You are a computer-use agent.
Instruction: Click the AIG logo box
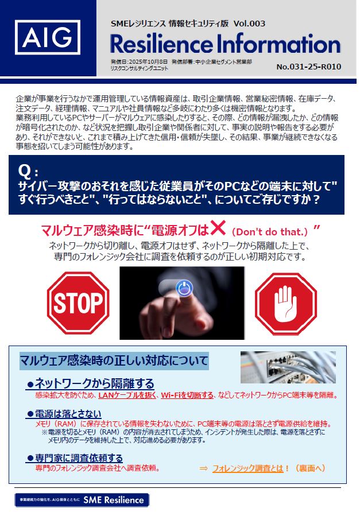click(x=48, y=37)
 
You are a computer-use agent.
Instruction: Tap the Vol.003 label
click(x=249, y=24)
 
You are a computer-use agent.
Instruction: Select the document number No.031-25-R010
click(x=309, y=67)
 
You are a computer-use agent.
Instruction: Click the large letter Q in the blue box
click(x=25, y=170)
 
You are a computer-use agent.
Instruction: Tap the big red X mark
click(x=218, y=228)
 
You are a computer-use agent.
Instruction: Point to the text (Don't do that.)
click(x=269, y=232)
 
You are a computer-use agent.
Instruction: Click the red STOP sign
click(x=78, y=303)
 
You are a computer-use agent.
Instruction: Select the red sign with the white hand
click(x=286, y=304)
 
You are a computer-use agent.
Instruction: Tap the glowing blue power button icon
click(x=184, y=288)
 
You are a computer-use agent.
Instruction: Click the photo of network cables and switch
click(x=288, y=367)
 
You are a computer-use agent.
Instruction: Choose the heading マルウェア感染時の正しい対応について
click(x=114, y=361)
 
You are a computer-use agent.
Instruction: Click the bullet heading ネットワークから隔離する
click(x=91, y=383)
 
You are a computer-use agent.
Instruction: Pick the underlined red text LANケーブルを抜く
click(x=127, y=395)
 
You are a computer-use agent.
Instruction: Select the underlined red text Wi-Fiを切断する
click(x=187, y=395)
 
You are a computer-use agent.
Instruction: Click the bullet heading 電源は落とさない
click(x=64, y=414)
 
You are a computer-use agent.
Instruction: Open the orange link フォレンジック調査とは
click(x=247, y=468)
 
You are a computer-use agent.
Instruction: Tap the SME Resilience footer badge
click(x=82, y=500)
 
